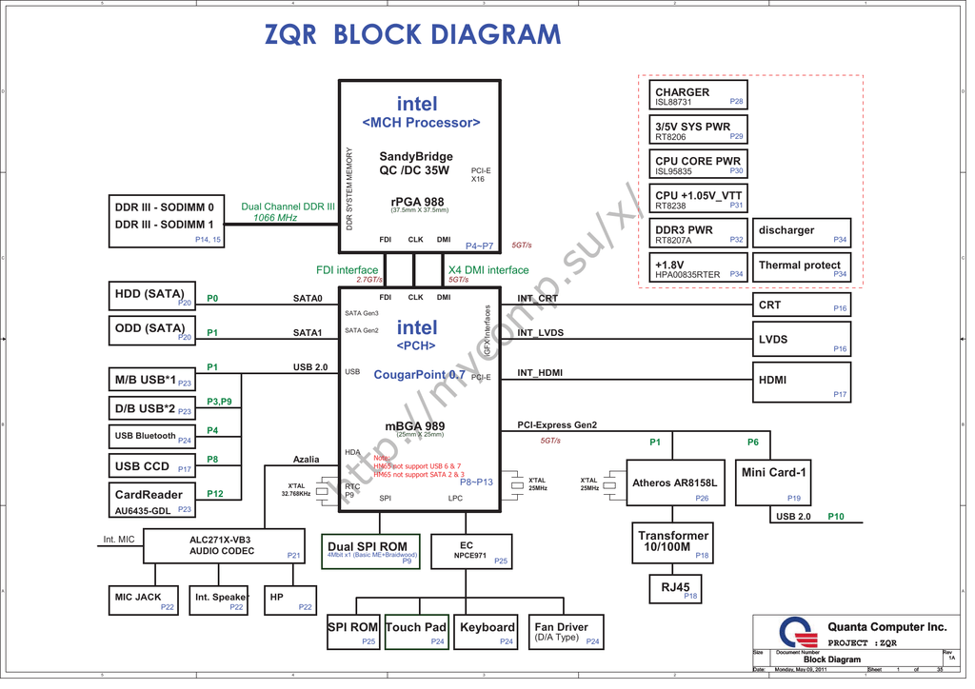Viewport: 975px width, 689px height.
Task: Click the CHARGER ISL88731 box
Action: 698,97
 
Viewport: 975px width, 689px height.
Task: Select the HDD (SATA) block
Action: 153,297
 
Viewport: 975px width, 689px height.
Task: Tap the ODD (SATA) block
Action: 153,331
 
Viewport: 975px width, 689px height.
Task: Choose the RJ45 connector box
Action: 675,589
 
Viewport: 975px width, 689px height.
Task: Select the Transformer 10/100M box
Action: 673,541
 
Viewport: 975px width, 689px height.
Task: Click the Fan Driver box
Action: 566,632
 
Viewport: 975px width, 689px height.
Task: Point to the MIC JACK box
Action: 143,600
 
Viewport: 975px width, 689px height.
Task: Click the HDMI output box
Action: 801,383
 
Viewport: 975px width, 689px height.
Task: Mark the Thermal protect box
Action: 802,267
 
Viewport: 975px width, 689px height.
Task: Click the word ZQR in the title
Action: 290,35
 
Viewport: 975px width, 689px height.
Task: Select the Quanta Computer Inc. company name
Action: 886,626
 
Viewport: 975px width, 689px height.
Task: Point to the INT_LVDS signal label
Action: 541,333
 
